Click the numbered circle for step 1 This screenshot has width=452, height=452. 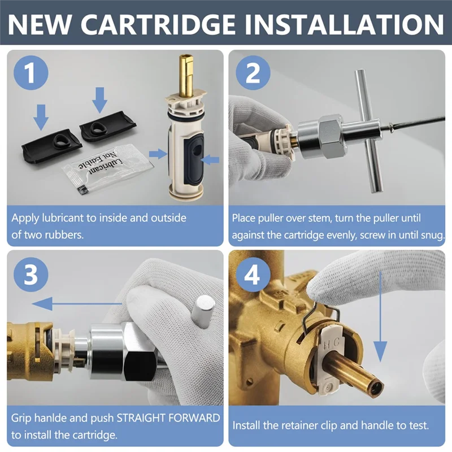[x=31, y=73]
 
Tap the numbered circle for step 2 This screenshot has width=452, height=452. [x=253, y=73]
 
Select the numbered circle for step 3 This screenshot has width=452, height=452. [x=31, y=274]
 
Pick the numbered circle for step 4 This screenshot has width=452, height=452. [x=253, y=274]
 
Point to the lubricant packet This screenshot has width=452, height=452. [x=108, y=166]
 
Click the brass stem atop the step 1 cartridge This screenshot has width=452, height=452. [x=186, y=76]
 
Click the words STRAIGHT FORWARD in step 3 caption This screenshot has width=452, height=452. [x=168, y=418]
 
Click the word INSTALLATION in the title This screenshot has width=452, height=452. [x=345, y=24]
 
